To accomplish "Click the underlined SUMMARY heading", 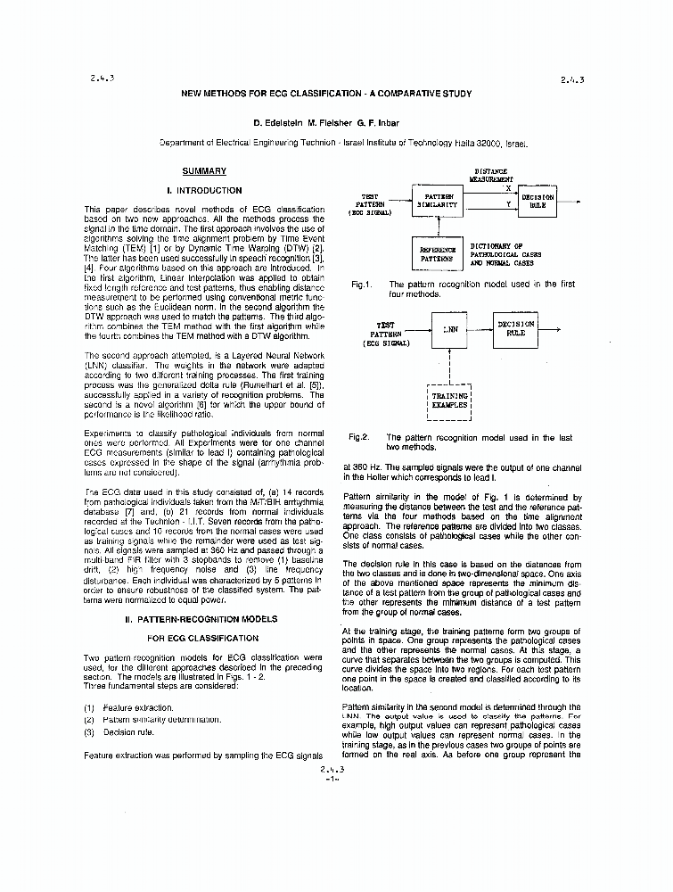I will click(204, 171).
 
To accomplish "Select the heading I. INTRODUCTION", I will click(204, 191).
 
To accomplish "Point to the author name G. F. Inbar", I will click(395, 122).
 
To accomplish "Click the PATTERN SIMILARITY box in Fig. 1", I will click(438, 201).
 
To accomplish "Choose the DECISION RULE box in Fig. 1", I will click(538, 201).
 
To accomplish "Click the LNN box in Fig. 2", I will click(451, 329).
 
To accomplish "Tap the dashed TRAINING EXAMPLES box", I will click(450, 400).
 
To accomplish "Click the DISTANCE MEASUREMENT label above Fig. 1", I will click(491, 174).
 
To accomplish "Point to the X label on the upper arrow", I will click(508, 188).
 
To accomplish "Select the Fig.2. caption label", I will click(359, 438).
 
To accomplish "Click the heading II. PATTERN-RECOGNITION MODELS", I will click(204, 619).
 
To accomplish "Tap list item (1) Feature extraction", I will click(129, 707).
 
